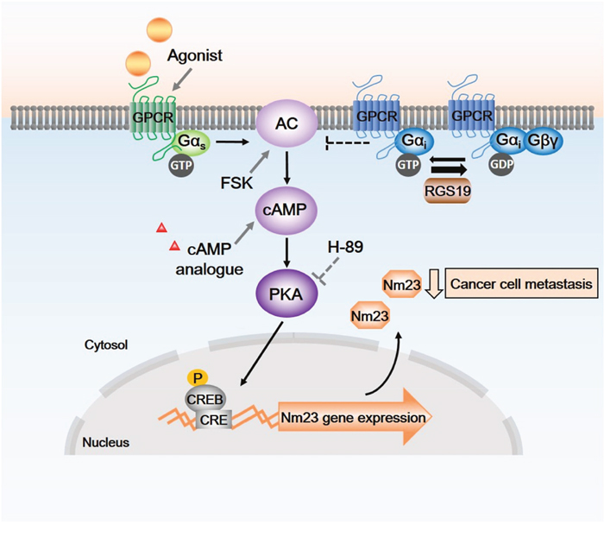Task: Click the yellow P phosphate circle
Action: pyautogui.click(x=200, y=377)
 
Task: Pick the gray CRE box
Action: pyautogui.click(x=213, y=420)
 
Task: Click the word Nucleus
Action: pyautogui.click(x=105, y=443)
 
